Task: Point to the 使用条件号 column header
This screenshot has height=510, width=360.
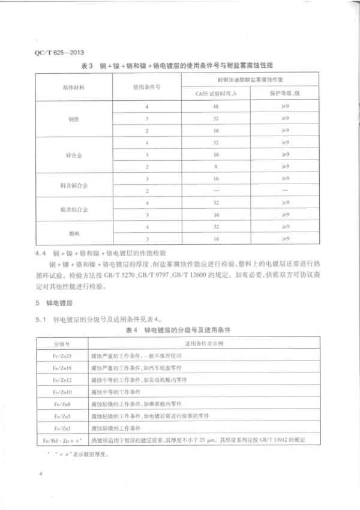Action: click(x=146, y=87)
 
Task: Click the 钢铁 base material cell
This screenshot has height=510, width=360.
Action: click(x=73, y=118)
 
